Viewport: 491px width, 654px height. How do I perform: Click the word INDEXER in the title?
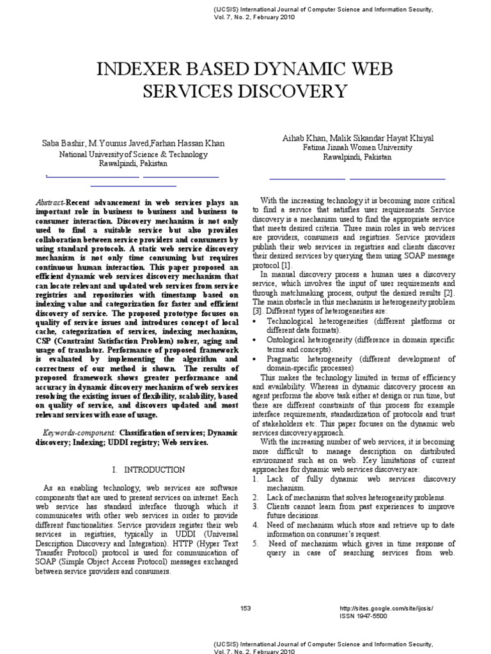click(129, 69)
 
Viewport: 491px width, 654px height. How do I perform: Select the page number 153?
click(246, 607)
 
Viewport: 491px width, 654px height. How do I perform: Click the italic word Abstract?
click(49, 202)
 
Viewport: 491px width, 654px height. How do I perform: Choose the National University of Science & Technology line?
click(133, 154)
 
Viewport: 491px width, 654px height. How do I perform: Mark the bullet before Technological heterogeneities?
click(255, 321)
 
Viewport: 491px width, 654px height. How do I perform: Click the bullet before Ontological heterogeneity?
click(255, 340)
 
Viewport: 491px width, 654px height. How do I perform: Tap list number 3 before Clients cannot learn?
click(254, 507)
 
